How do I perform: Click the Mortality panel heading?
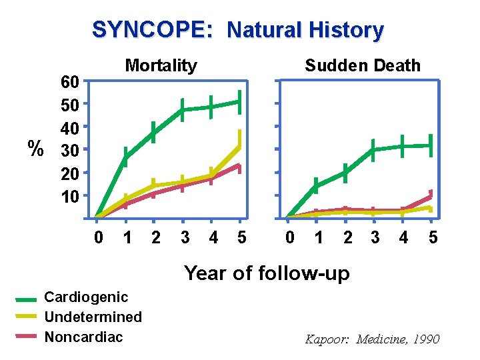(x=161, y=65)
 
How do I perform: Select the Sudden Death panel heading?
(x=363, y=65)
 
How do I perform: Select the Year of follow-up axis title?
(x=266, y=273)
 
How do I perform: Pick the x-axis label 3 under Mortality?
(x=185, y=237)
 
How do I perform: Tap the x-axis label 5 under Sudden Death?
(x=433, y=237)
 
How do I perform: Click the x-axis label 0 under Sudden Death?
(x=289, y=237)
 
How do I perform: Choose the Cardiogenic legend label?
(x=85, y=297)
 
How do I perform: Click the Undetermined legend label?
(x=93, y=317)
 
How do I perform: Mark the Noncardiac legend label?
(x=83, y=337)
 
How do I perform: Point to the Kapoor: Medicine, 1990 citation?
(x=372, y=339)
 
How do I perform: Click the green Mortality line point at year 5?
(x=239, y=102)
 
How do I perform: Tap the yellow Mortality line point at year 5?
(x=239, y=145)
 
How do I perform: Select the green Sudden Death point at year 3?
(x=373, y=150)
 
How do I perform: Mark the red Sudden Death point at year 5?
(x=431, y=195)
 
